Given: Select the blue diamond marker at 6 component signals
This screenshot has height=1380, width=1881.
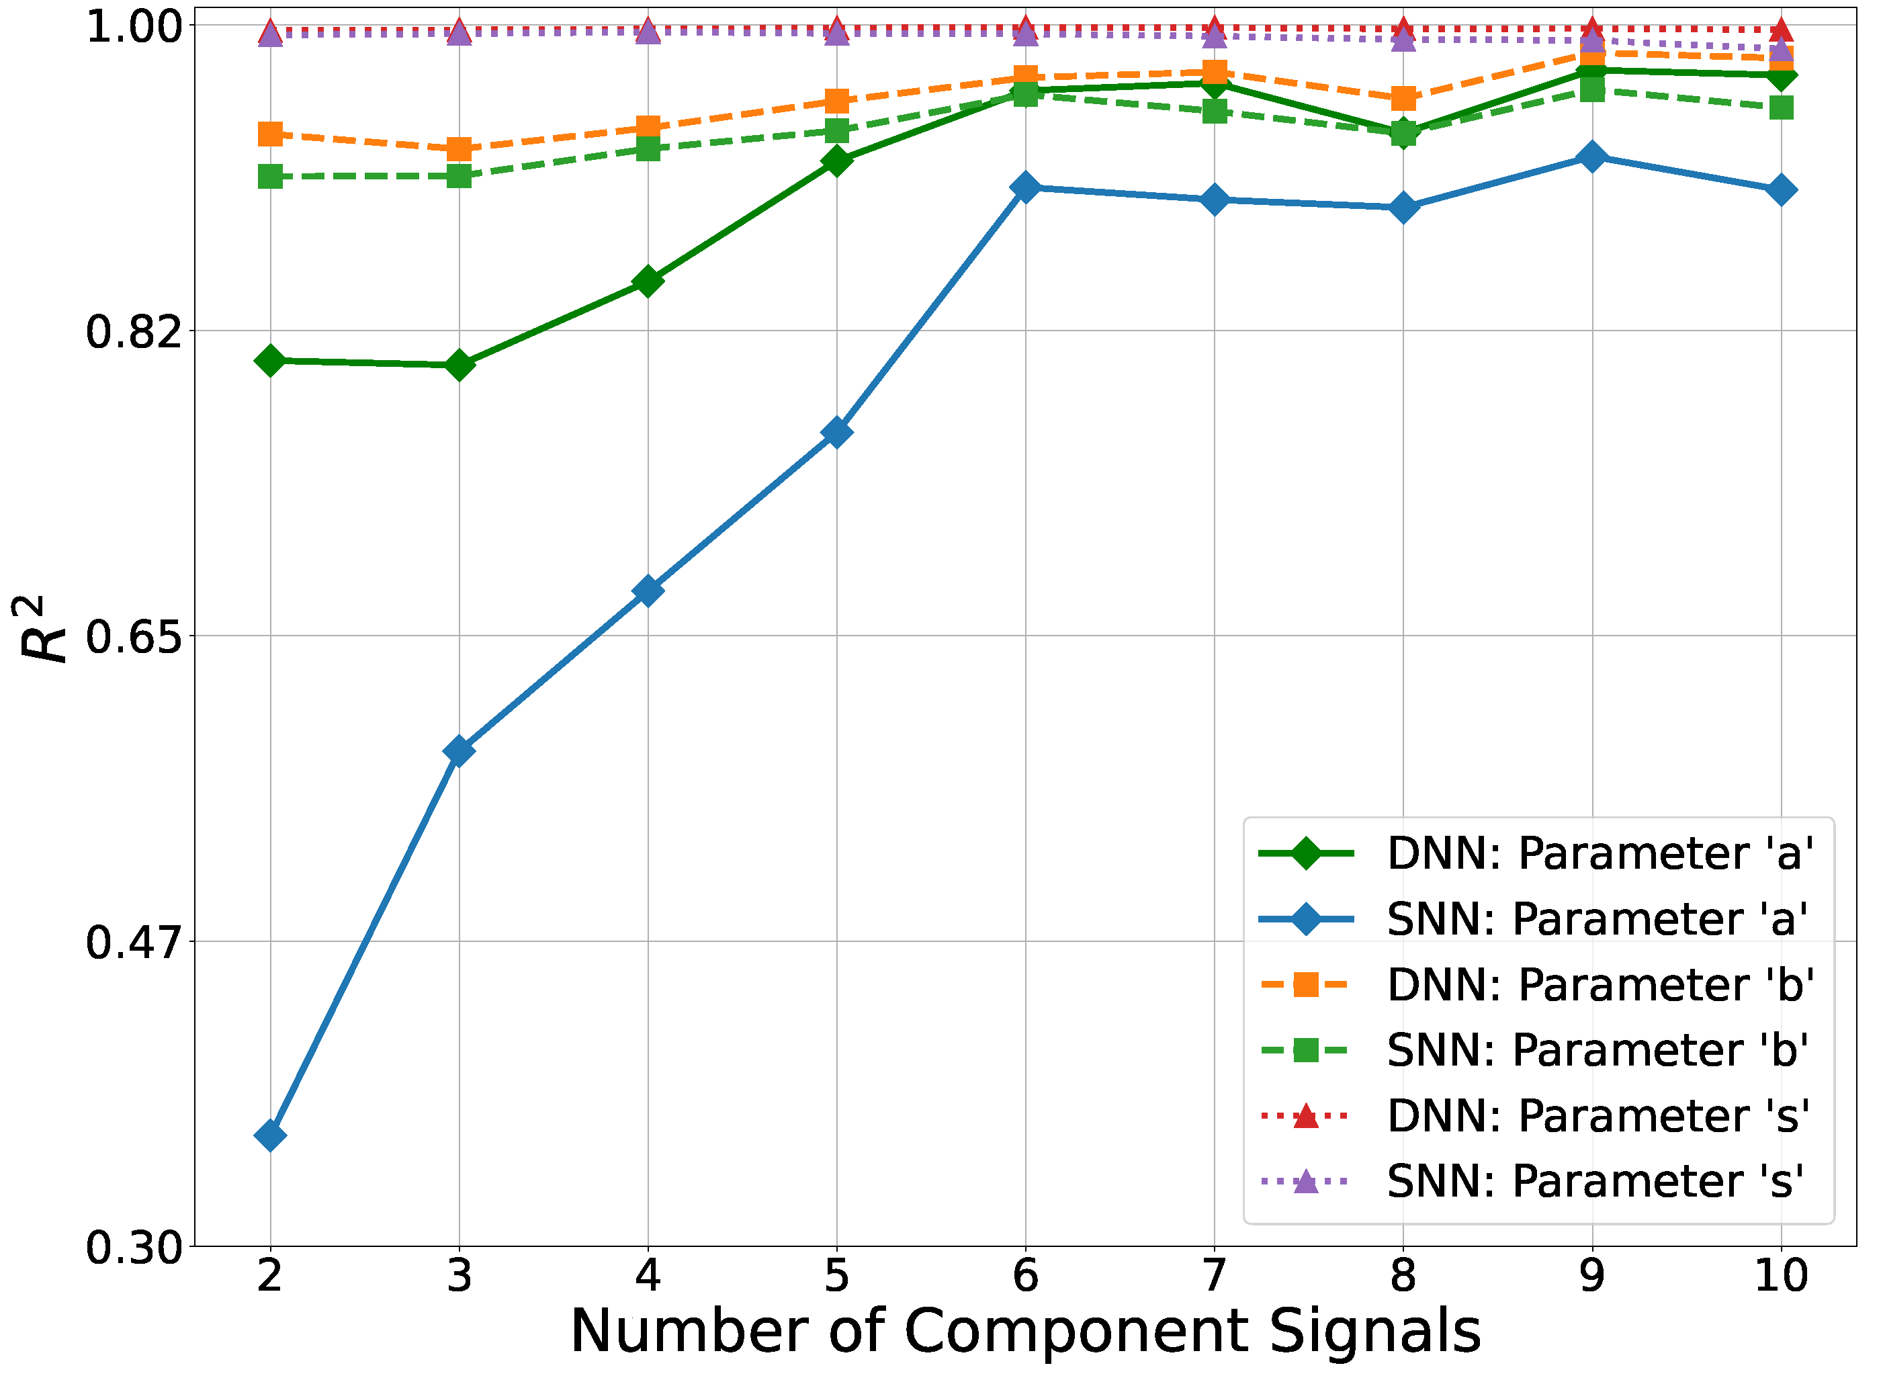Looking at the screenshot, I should [x=1026, y=187].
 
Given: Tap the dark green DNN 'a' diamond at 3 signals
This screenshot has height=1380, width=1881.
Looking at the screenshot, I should [x=459, y=364].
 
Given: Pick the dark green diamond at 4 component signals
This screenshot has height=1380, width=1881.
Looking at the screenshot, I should [x=648, y=281].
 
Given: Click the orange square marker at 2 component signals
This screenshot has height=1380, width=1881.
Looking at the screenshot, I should [x=270, y=134].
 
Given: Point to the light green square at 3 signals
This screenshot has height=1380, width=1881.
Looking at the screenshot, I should [x=459, y=176].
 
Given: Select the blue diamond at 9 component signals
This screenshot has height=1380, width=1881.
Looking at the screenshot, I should [x=1592, y=157].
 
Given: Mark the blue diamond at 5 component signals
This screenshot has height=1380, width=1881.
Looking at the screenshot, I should [x=836, y=432].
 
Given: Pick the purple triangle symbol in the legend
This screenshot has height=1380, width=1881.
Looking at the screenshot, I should [x=1305, y=1181].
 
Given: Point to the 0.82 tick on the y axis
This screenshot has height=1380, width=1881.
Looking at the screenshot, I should [x=134, y=332].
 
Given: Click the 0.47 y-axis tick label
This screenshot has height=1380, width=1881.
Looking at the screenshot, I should [x=134, y=942].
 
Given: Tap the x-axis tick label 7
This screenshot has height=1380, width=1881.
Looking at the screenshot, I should [x=1214, y=1276].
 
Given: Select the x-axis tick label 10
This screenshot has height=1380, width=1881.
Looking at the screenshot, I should [x=1781, y=1276].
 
